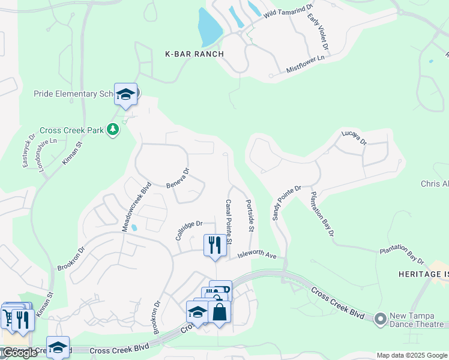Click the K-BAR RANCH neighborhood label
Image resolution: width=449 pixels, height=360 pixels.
click(x=194, y=54)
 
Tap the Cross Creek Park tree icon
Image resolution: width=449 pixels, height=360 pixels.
click(x=112, y=130)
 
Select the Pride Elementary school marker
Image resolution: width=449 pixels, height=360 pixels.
click(x=125, y=95)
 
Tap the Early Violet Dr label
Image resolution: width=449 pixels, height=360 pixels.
click(x=318, y=33)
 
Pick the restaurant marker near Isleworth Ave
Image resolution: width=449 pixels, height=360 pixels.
click(x=215, y=245)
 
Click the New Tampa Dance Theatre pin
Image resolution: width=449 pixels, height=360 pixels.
click(x=379, y=319)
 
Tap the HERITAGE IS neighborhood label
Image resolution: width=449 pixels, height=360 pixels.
click(x=423, y=274)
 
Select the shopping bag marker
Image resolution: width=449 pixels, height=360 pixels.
click(x=219, y=311)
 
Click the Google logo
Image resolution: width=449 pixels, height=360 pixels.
click(x=20, y=353)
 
